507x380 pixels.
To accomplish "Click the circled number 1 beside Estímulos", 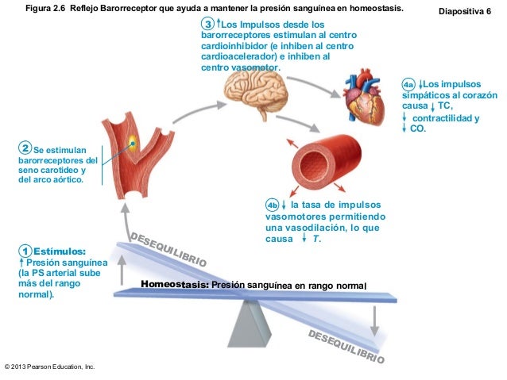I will click(x=26, y=251).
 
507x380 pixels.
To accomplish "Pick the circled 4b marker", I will click(x=272, y=205).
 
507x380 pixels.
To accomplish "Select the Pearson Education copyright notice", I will click(x=49, y=367).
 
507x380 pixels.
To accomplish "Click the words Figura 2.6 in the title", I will click(x=49, y=8).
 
